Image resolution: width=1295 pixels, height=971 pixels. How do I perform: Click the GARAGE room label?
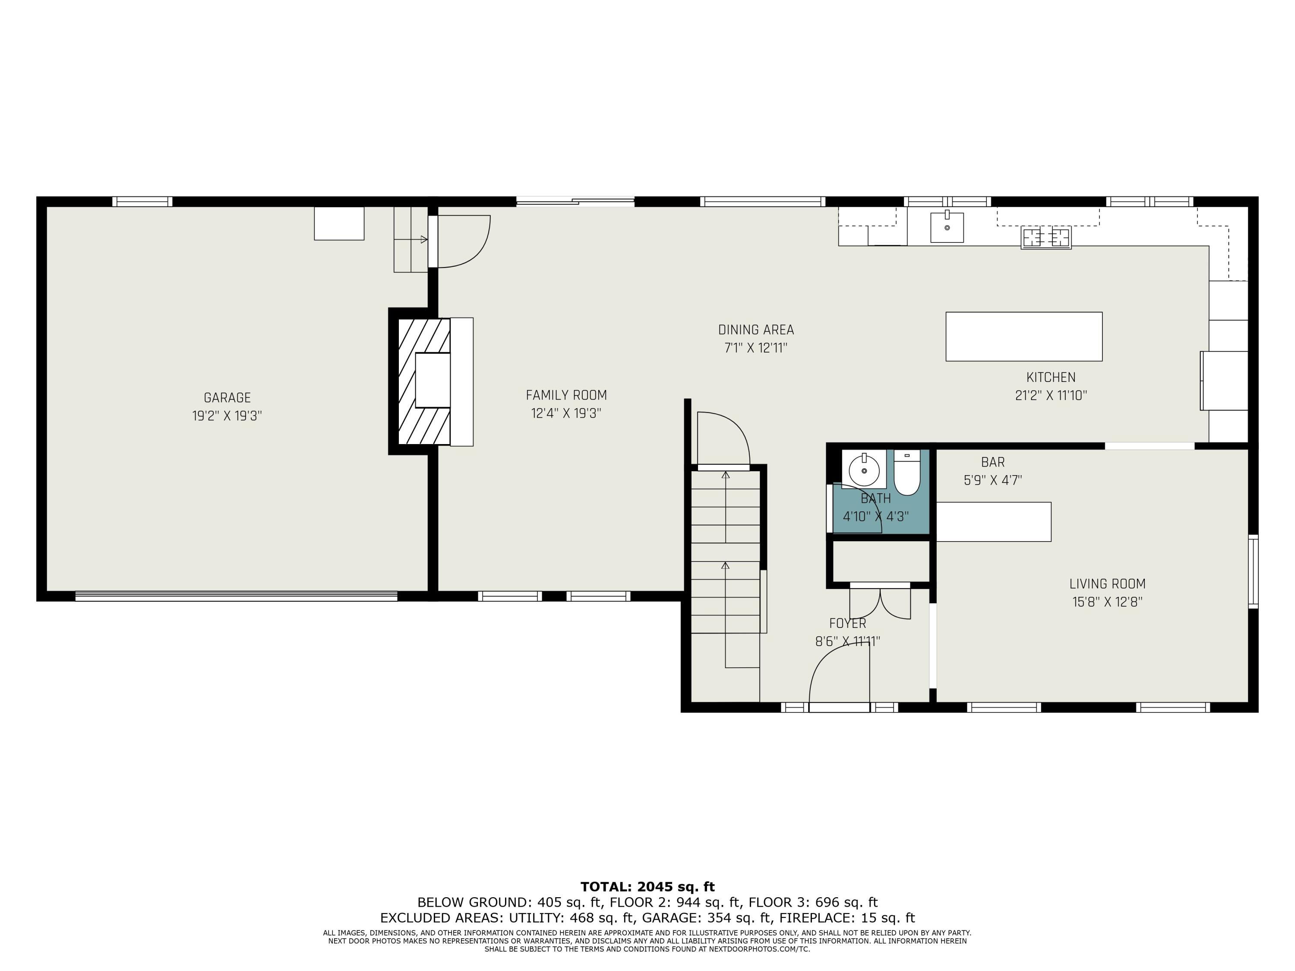click(x=227, y=398)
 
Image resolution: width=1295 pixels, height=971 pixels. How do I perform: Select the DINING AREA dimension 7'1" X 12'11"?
click(x=756, y=348)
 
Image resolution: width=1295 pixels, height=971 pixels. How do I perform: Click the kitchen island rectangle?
click(x=1024, y=337)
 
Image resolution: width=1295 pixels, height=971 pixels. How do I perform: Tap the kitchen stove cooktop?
click(x=1046, y=238)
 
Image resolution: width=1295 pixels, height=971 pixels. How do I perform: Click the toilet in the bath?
click(x=907, y=473)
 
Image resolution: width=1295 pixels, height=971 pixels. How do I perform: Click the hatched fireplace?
click(x=424, y=381)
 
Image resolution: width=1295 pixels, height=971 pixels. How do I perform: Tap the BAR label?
click(x=993, y=462)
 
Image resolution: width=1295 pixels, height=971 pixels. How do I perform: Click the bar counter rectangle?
click(x=994, y=521)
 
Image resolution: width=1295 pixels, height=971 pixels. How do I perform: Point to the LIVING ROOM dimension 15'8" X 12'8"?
click(x=1107, y=602)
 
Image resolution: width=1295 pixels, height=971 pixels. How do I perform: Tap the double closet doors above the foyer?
click(x=880, y=603)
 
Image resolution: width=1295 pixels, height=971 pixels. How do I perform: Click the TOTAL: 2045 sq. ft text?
click(x=647, y=887)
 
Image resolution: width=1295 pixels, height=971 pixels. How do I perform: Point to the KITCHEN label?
click(x=1050, y=378)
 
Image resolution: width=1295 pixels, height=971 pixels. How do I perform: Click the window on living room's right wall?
click(x=1253, y=571)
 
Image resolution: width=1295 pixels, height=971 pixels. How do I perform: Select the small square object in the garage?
click(x=339, y=223)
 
